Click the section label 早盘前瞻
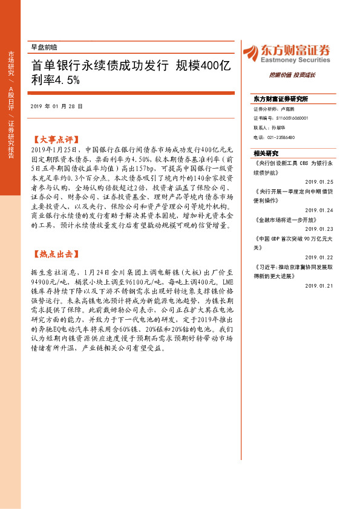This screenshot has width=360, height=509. [44, 47]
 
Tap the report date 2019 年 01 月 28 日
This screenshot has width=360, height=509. [56, 106]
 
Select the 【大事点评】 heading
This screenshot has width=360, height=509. [54, 138]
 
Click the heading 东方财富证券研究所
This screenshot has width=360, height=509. [281, 99]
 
